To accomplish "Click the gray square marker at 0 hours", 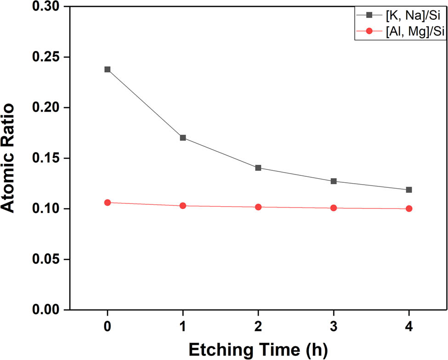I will click(x=108, y=69).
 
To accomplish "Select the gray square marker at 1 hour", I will click(x=183, y=138).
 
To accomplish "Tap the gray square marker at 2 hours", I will click(x=258, y=168).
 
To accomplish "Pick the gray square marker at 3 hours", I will click(x=334, y=181).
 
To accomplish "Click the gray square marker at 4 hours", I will click(x=409, y=190).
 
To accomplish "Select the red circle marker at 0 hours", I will click(x=108, y=202).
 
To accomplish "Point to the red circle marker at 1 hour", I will click(x=183, y=206).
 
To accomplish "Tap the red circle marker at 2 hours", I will click(x=258, y=207).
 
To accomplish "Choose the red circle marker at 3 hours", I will click(x=334, y=208).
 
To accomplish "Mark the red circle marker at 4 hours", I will click(x=409, y=208).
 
